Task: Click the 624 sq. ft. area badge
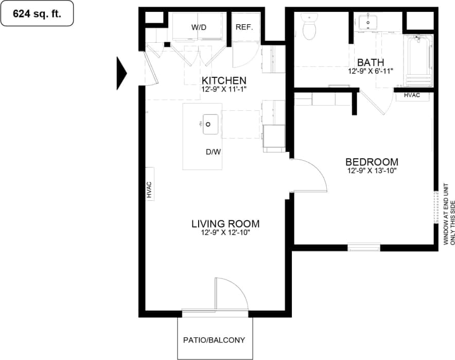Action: pos(37,14)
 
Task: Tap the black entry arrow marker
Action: pos(121,72)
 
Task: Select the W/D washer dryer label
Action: pos(198,27)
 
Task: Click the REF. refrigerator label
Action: pos(244,27)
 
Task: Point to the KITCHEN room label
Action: pos(224,81)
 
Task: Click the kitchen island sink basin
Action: pos(210,124)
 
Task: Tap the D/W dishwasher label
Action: pos(213,152)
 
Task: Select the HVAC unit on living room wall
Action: pos(149,189)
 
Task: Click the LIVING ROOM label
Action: pos(225,224)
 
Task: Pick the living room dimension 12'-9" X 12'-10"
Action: pos(225,233)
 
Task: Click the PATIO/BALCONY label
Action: pos(214,340)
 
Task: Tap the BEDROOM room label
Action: pos(372,162)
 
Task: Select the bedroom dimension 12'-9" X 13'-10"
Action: pos(372,170)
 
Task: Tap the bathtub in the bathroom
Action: pos(418,60)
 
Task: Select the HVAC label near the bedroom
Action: pos(412,95)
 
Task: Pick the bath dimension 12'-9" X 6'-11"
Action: pos(372,72)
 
